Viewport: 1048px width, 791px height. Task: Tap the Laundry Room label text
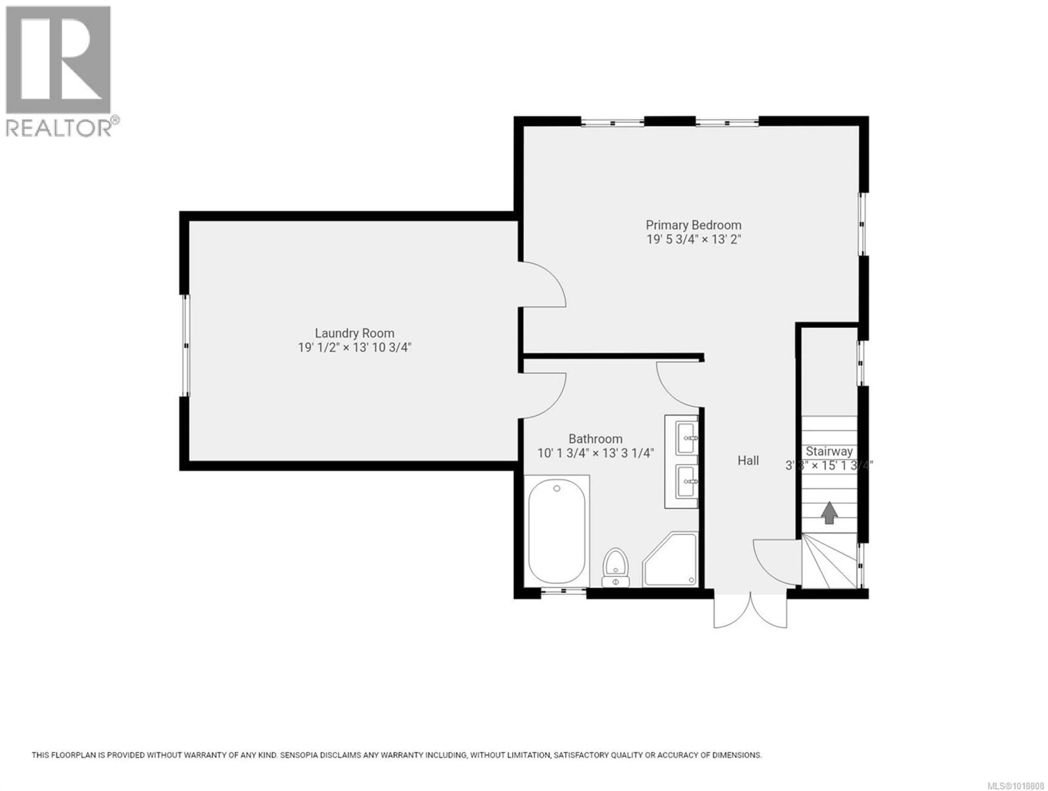point(355,333)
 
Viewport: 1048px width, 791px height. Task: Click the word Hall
point(748,460)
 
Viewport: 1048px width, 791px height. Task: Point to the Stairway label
point(829,451)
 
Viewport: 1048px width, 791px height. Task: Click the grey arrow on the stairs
point(829,513)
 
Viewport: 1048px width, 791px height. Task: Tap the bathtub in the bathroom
point(557,531)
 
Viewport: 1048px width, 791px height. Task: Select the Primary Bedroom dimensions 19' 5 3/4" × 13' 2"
point(693,239)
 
